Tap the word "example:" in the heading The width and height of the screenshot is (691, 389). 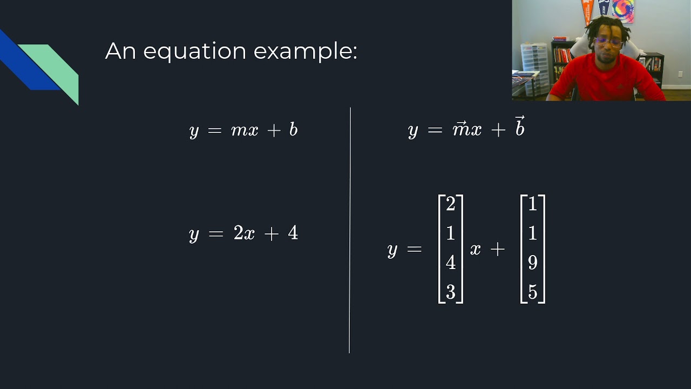coord(305,51)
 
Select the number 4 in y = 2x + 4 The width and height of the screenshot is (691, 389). coord(293,233)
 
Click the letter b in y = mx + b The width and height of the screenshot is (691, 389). coord(293,130)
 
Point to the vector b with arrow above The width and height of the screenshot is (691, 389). coord(519,128)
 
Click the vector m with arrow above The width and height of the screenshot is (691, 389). coord(460,130)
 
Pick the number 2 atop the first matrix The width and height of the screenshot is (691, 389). coord(451,204)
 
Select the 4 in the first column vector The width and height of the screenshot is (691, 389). coord(451,263)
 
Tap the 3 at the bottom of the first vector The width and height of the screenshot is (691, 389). coord(451,292)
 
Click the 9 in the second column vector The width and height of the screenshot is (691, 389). coord(533,263)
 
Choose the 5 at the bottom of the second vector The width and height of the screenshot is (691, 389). coord(533,292)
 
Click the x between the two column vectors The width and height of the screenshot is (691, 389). coord(475,249)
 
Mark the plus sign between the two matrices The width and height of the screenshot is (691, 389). coord(497,249)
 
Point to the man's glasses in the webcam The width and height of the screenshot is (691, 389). coord(608,42)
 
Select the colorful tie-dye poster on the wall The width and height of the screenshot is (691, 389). coord(623,10)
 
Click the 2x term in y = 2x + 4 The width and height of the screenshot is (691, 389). coord(244,233)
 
